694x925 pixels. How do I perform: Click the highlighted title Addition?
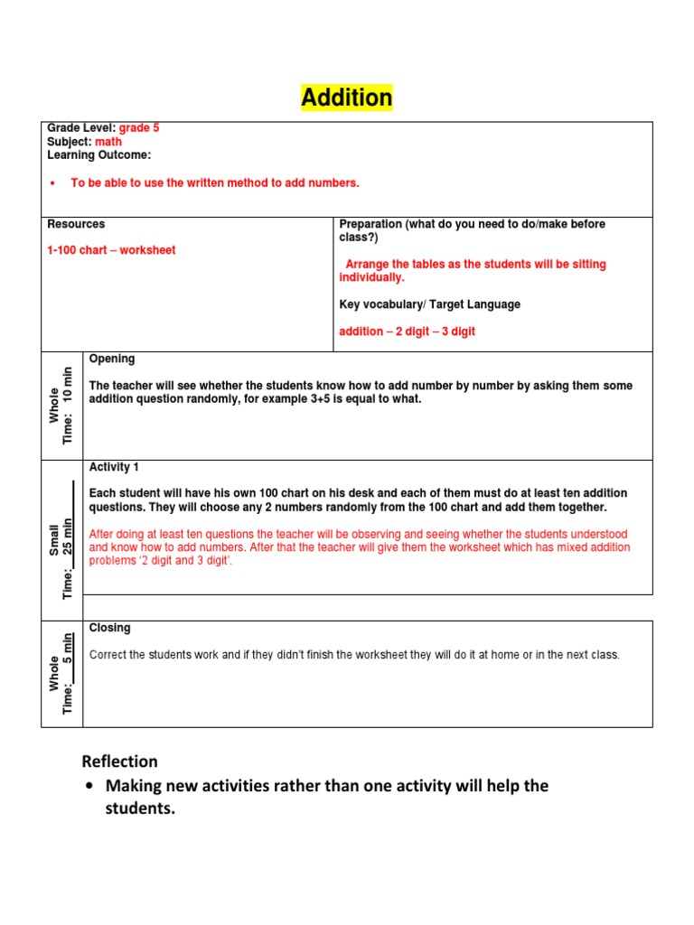point(347,98)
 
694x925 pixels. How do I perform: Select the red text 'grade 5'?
point(139,129)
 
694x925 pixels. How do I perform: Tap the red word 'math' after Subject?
point(108,142)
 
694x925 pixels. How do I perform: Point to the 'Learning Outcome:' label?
point(98,154)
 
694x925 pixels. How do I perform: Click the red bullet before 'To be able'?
point(52,183)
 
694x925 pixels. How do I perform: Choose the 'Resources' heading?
point(76,224)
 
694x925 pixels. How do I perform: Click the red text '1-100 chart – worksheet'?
point(111,250)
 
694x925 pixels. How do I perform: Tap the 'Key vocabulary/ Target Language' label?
point(429,304)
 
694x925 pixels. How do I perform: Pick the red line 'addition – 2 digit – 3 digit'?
point(407,332)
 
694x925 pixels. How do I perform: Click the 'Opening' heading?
point(112,359)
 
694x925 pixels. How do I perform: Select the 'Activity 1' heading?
point(114,467)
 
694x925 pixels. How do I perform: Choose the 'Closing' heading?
point(109,628)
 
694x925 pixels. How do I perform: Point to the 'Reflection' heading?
point(119,761)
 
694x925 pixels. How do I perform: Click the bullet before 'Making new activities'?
point(89,787)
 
